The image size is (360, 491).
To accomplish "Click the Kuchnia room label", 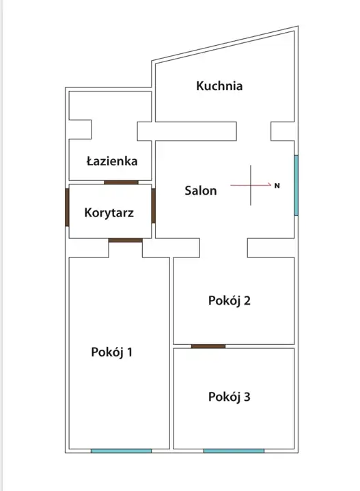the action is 219,86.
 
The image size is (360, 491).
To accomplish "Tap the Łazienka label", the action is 112,161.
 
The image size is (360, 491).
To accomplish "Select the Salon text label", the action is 201,191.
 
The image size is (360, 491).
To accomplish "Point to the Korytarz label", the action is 109,213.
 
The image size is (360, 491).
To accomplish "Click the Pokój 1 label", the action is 111,352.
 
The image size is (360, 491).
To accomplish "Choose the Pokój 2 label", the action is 230,300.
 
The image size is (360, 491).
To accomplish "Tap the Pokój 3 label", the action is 230,397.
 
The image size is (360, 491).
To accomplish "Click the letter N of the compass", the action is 277,186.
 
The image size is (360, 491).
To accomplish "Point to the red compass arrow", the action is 251,185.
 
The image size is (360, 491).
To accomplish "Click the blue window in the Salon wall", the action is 296,185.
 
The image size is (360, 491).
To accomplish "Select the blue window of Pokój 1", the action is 122,451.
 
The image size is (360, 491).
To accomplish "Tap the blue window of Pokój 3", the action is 234,451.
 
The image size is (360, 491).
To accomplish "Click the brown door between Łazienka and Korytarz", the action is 122,182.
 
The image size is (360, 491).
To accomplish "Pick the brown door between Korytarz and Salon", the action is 154,206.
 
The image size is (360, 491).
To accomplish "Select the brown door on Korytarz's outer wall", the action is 67,207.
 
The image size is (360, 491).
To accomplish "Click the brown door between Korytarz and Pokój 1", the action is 126,240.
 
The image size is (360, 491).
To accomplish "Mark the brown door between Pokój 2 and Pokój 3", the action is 208,346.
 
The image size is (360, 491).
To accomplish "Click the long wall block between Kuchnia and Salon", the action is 186,131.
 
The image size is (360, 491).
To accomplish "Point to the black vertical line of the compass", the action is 251,185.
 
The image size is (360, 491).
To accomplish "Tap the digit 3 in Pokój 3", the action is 247,397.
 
